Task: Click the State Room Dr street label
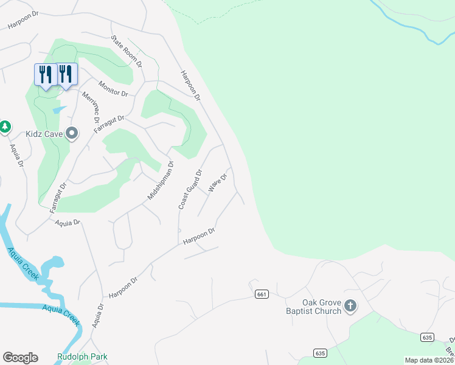point(127,50)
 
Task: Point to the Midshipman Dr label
point(161,181)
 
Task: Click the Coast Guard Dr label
point(189,190)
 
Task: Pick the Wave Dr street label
point(217,183)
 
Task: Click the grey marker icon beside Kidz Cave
point(72,133)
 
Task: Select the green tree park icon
point(5,127)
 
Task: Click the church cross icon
point(350,306)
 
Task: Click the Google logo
point(20,357)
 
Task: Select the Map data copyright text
point(429,360)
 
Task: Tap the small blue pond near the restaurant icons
point(59,110)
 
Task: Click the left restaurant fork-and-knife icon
point(45,74)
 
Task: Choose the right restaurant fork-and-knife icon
point(67,74)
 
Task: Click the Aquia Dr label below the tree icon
point(15,156)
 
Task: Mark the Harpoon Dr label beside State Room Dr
point(190,85)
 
